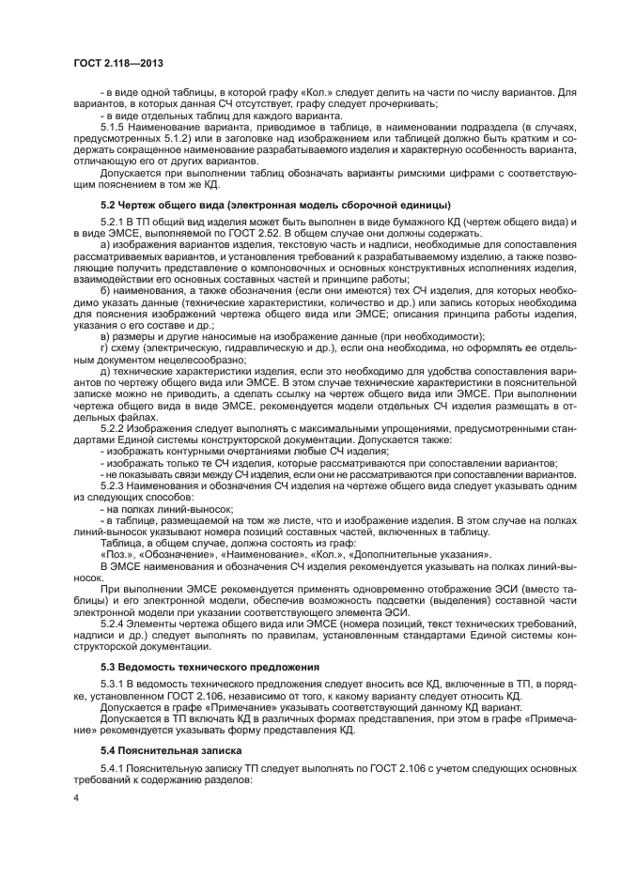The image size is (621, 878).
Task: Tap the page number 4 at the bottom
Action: tap(76, 798)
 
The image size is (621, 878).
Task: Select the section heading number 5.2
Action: tap(110, 204)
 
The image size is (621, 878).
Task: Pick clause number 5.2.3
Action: tap(114, 487)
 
